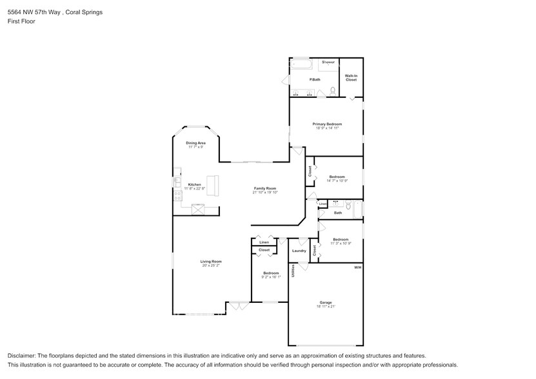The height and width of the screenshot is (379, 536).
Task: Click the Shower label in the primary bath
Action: click(328, 62)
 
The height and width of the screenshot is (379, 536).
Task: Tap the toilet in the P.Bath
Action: click(333, 91)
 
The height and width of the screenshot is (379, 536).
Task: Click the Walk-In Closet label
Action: click(351, 78)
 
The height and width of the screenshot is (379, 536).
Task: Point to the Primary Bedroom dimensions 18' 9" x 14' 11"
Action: click(327, 128)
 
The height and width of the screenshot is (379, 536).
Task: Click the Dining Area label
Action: click(195, 142)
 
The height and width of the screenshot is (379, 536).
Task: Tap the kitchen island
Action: click(212, 186)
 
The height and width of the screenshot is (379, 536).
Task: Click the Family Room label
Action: click(264, 188)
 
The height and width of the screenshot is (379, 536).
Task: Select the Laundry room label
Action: click(299, 251)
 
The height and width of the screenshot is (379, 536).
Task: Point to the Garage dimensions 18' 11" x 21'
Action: click(326, 306)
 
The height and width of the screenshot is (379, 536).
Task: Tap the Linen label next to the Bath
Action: click(323, 204)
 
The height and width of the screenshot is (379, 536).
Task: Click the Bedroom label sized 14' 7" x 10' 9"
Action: click(337, 177)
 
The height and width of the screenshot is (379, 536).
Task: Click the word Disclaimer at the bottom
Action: click(22, 356)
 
